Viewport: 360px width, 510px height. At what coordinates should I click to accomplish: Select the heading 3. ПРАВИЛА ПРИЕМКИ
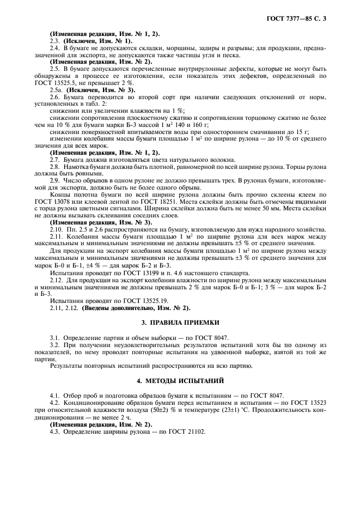[x=180, y=323]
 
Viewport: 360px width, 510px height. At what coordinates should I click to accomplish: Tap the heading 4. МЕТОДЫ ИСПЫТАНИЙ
[x=180, y=380]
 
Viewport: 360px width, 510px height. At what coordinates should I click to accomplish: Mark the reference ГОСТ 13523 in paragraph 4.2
[x=306, y=403]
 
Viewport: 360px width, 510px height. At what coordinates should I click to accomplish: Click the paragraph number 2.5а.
[x=57, y=89]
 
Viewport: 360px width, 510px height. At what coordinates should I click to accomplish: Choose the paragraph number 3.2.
[x=55, y=345]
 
